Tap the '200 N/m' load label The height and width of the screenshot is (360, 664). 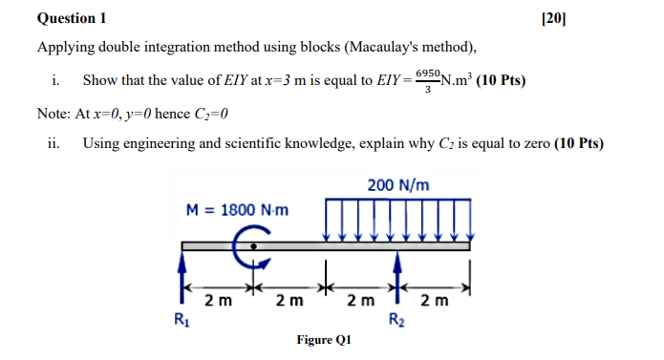[397, 184]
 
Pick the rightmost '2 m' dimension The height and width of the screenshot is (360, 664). [434, 302]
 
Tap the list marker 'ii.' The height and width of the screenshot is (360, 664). [54, 144]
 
